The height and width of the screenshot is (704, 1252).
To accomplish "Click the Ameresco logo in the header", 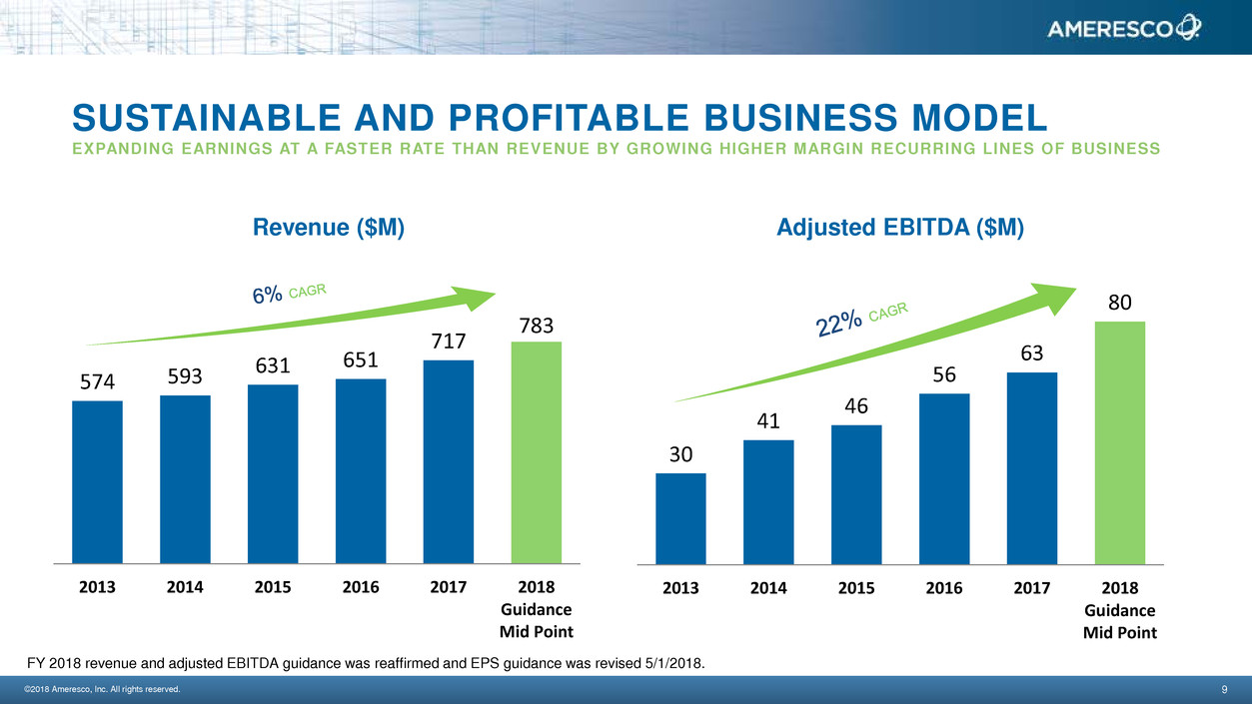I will pyautogui.click(x=1123, y=30).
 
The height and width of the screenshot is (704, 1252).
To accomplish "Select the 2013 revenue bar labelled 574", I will pyautogui.click(x=97, y=482).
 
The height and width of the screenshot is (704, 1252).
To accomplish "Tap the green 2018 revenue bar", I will pyautogui.click(x=536, y=452).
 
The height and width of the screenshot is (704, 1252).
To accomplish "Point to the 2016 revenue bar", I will pyautogui.click(x=361, y=471).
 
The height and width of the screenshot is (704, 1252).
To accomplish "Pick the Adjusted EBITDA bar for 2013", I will pyautogui.click(x=680, y=518).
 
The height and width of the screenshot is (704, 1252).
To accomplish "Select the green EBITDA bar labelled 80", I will pyautogui.click(x=1120, y=442).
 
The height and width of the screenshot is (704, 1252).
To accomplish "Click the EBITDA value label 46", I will pyautogui.click(x=856, y=406).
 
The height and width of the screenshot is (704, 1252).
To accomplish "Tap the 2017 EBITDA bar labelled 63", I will pyautogui.click(x=1032, y=468).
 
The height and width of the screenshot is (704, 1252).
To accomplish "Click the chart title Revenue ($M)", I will pyautogui.click(x=330, y=229).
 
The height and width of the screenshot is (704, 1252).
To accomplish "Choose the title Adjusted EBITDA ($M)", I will pyautogui.click(x=899, y=229).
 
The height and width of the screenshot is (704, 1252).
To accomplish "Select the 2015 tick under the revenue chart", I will pyautogui.click(x=273, y=587).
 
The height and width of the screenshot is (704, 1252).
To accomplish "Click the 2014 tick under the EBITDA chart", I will pyautogui.click(x=768, y=588).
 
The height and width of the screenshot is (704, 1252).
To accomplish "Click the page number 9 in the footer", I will pyautogui.click(x=1224, y=690).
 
